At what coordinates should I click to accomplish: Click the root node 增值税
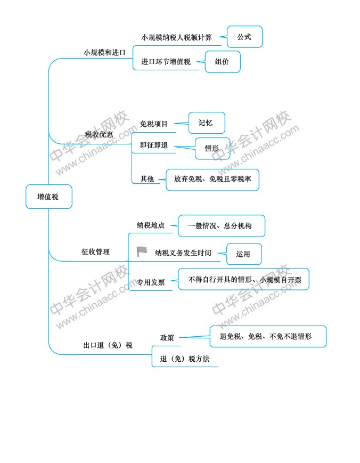pyautogui.click(x=48, y=197)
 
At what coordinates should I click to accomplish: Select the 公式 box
pyautogui.click(x=244, y=37)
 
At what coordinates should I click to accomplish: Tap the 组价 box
pyautogui.click(x=223, y=62)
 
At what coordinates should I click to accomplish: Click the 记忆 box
pyautogui.click(x=207, y=123)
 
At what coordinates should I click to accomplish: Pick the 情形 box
pyautogui.click(x=212, y=148)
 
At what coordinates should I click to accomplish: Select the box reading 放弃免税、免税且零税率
pyautogui.click(x=212, y=180)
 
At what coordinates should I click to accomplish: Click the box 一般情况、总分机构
pyautogui.click(x=222, y=226)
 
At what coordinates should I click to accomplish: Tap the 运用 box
pyautogui.click(x=244, y=254)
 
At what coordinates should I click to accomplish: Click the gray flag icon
pyautogui.click(x=142, y=251)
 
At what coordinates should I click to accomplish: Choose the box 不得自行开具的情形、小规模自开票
pyautogui.click(x=244, y=279)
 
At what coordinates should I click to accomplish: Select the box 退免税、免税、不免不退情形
pyautogui.click(x=268, y=336)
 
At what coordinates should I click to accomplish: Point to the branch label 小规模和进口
pyautogui.click(x=104, y=53)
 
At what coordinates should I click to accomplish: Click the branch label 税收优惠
pyautogui.click(x=99, y=135)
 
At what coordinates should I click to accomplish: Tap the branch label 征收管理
pyautogui.click(x=96, y=252)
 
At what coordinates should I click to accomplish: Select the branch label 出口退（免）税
pyautogui.click(x=108, y=345)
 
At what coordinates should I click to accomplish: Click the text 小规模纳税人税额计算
pyautogui.click(x=176, y=37)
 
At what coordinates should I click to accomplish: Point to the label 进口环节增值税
pyautogui.click(x=166, y=62)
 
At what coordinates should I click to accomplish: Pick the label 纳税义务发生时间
pyautogui.click(x=183, y=253)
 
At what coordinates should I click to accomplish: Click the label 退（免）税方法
pyautogui.click(x=185, y=359)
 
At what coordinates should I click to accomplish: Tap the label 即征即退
pyautogui.click(x=154, y=145)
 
